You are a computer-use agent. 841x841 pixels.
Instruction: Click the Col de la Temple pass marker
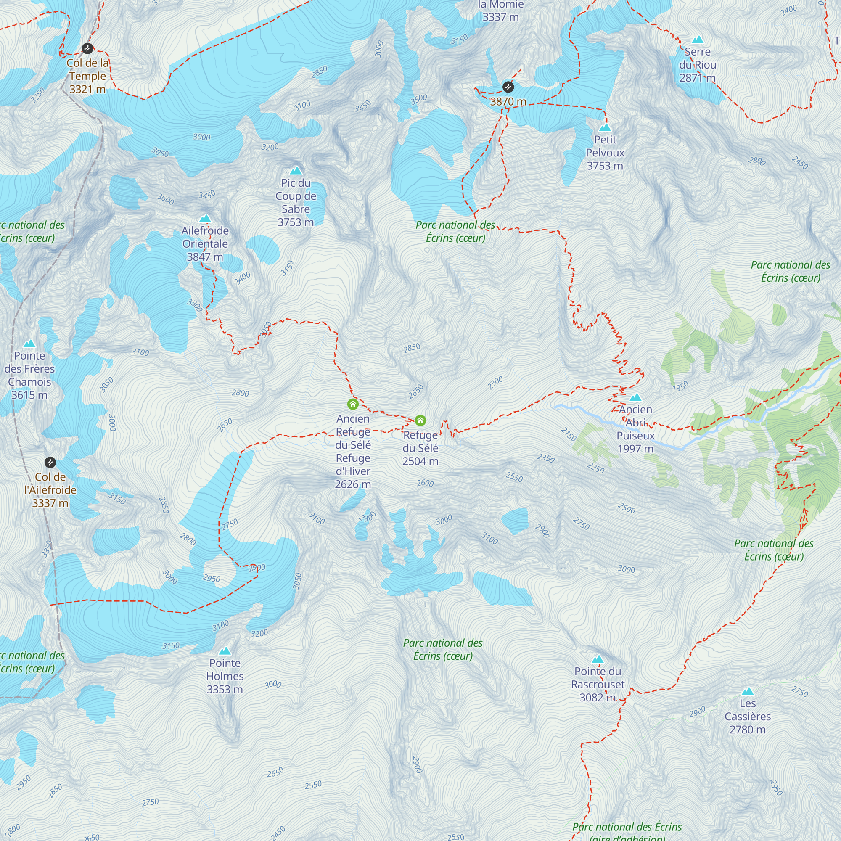tap(87, 48)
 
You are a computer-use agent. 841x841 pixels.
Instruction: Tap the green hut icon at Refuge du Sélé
tap(420, 420)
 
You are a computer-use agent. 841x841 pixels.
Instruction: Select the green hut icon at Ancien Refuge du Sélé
tap(353, 405)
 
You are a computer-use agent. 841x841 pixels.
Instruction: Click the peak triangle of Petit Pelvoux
tap(605, 127)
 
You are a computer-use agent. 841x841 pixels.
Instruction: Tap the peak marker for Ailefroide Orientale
tap(205, 219)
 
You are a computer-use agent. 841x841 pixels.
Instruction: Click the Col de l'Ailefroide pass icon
tap(50, 462)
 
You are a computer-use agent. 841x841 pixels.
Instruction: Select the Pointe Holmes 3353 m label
tap(225, 676)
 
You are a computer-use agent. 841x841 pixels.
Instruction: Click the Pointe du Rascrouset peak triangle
tap(598, 659)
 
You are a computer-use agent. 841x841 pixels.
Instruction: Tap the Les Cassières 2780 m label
tap(747, 716)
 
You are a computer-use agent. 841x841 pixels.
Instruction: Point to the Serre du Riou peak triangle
tap(698, 40)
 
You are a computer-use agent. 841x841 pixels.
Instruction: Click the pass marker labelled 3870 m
tap(508, 87)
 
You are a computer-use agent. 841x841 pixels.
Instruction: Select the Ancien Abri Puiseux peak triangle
tap(635, 397)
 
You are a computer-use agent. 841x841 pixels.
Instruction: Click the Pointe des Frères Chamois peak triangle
tap(29, 344)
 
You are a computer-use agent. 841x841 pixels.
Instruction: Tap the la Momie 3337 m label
tap(500, 11)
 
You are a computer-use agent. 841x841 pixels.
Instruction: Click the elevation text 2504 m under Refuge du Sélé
tap(420, 461)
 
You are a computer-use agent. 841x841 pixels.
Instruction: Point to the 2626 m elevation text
tap(353, 484)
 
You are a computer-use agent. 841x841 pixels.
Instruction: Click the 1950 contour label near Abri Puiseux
tap(680, 386)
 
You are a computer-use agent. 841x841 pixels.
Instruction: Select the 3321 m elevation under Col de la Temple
tap(87, 89)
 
